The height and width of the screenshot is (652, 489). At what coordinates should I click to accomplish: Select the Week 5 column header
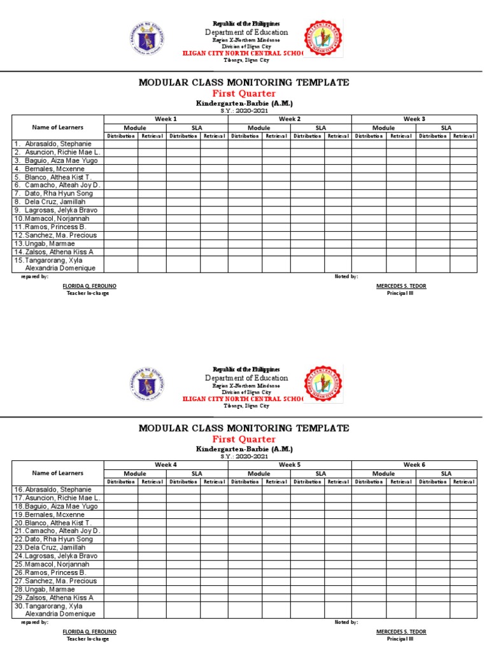pyautogui.click(x=290, y=465)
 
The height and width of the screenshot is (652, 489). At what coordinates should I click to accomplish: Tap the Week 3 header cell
pyautogui.click(x=414, y=119)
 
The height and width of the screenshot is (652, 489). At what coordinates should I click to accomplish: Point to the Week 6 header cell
pyautogui.click(x=414, y=465)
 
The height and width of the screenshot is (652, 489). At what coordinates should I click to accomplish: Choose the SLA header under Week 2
pyautogui.click(x=321, y=128)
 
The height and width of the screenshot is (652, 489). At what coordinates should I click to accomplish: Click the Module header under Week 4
pyautogui.click(x=135, y=474)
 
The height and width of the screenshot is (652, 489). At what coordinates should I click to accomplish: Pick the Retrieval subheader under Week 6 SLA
pyautogui.click(x=464, y=482)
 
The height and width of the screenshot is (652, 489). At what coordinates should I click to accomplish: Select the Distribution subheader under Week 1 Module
pyautogui.click(x=120, y=136)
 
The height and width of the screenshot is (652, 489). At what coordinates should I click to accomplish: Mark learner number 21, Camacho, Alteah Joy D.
pyautogui.click(x=58, y=531)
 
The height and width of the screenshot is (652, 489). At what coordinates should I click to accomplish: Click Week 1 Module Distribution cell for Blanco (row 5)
pyautogui.click(x=120, y=177)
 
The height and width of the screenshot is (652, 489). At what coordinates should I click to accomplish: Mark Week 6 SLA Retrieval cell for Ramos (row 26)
pyautogui.click(x=464, y=572)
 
